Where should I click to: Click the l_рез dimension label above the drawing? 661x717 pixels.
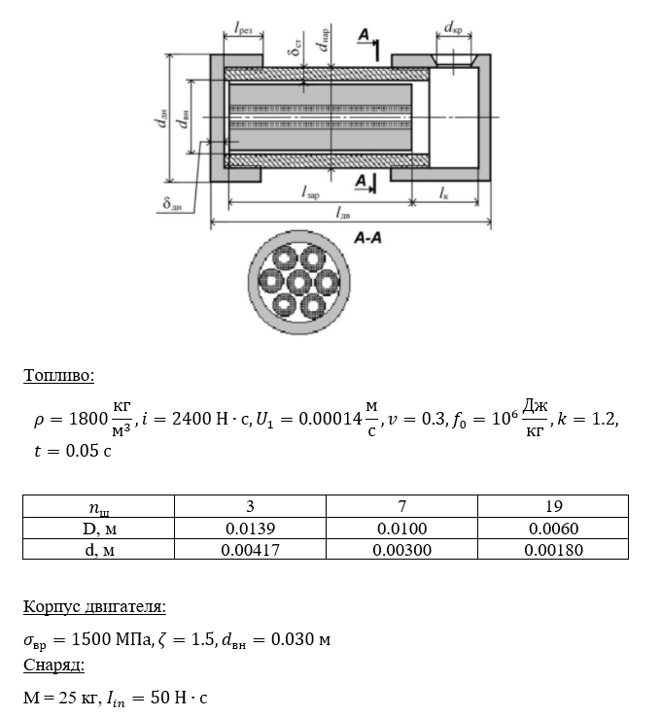pyautogui.click(x=243, y=29)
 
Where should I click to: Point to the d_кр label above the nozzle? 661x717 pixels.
pyautogui.click(x=453, y=28)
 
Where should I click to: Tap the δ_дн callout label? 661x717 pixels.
pyautogui.click(x=172, y=203)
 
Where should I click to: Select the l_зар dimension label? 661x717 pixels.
pyautogui.click(x=311, y=192)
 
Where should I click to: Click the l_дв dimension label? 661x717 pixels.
pyautogui.click(x=343, y=213)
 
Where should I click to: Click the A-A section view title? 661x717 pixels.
pyautogui.click(x=367, y=238)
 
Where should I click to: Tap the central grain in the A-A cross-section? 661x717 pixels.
pyautogui.click(x=299, y=282)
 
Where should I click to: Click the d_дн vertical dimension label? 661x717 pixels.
pyautogui.click(x=160, y=118)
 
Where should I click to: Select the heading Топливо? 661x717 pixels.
pyautogui.click(x=58, y=375)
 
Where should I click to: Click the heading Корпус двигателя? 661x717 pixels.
pyautogui.click(x=94, y=607)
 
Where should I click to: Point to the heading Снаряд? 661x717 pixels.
pyautogui.click(x=54, y=665)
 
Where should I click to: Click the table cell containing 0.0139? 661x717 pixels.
pyautogui.click(x=250, y=529)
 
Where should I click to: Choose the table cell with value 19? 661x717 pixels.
pyautogui.click(x=553, y=506)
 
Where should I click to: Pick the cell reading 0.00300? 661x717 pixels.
pyautogui.click(x=401, y=550)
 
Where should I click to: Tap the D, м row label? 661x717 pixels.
pyautogui.click(x=99, y=529)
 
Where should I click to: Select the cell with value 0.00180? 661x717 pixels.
pyautogui.click(x=553, y=550)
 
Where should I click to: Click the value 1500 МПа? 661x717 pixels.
pyautogui.click(x=112, y=639)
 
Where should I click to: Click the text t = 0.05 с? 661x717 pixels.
pyautogui.click(x=73, y=451)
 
